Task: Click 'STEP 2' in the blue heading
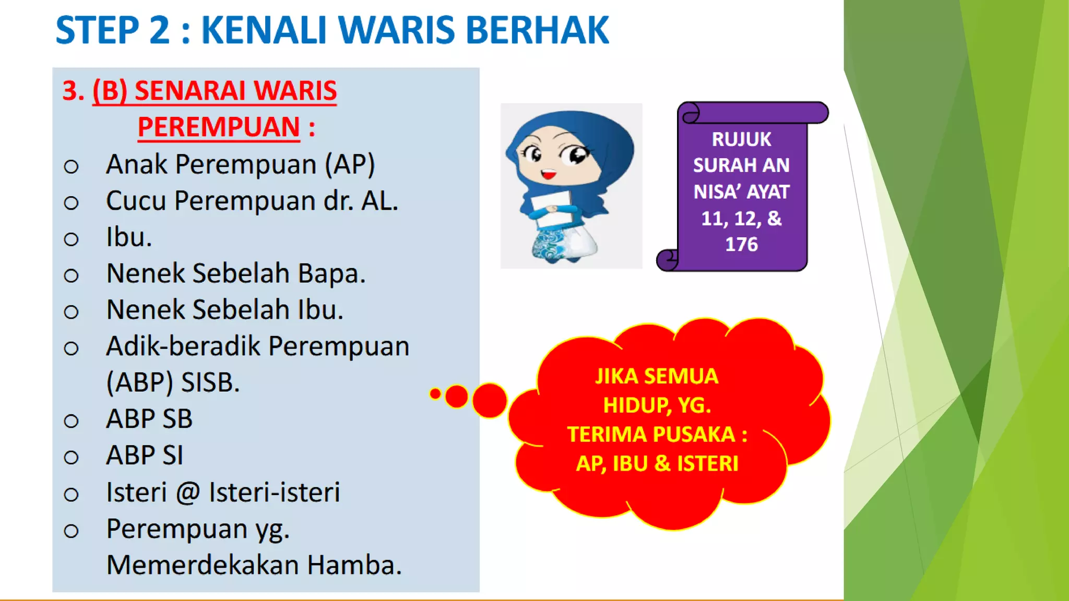click(x=113, y=30)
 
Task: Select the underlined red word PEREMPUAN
click(x=218, y=127)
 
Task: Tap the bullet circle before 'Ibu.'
click(x=71, y=239)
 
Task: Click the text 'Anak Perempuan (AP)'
click(x=240, y=165)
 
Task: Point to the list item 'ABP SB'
click(x=149, y=419)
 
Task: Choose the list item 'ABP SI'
click(x=145, y=455)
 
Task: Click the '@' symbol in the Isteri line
click(x=188, y=492)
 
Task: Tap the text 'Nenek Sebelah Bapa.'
click(x=235, y=273)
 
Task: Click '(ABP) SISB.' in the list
click(x=173, y=382)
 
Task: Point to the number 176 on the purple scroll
click(x=741, y=244)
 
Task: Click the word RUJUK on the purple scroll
click(x=741, y=139)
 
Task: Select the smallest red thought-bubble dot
click(x=435, y=394)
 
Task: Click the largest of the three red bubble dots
click(x=490, y=401)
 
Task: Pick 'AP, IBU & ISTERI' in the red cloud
click(x=657, y=464)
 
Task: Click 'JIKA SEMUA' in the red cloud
click(x=657, y=376)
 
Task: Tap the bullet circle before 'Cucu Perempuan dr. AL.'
click(x=71, y=202)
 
